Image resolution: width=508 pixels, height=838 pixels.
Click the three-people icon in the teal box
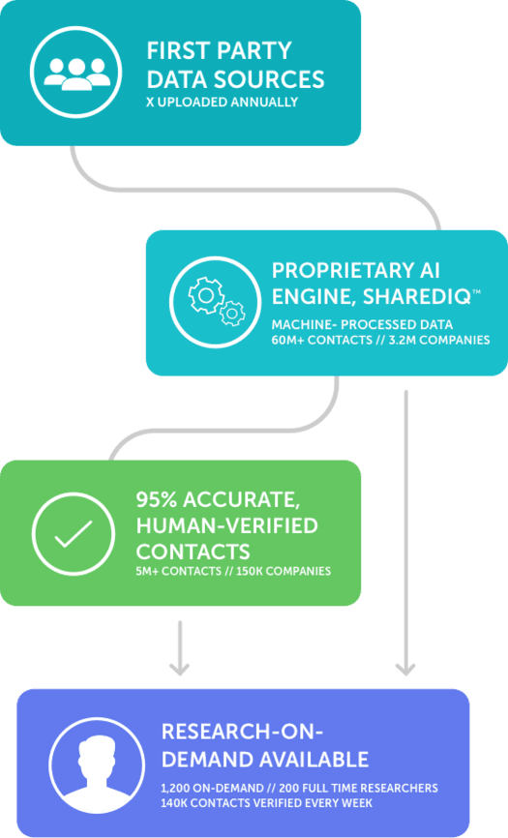click(76, 74)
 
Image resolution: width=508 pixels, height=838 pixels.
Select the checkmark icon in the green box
click(74, 533)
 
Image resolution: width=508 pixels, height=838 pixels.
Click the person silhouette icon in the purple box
click(97, 769)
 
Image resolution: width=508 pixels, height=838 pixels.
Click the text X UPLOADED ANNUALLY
click(223, 102)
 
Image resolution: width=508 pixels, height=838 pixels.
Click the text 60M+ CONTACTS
click(321, 340)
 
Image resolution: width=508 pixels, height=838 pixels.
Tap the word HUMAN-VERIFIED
click(227, 525)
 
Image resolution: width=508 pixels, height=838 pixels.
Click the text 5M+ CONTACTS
click(178, 571)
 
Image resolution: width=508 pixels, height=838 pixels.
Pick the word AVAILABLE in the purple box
click(314, 760)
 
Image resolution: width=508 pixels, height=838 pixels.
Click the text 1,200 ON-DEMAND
click(212, 789)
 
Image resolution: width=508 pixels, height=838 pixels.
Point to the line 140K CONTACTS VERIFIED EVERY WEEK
click(266, 803)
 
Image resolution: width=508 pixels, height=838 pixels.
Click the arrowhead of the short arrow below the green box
click(179, 669)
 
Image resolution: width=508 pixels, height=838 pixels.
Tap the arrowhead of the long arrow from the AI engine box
click(405, 669)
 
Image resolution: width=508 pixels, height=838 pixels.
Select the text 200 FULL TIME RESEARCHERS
click(358, 789)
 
